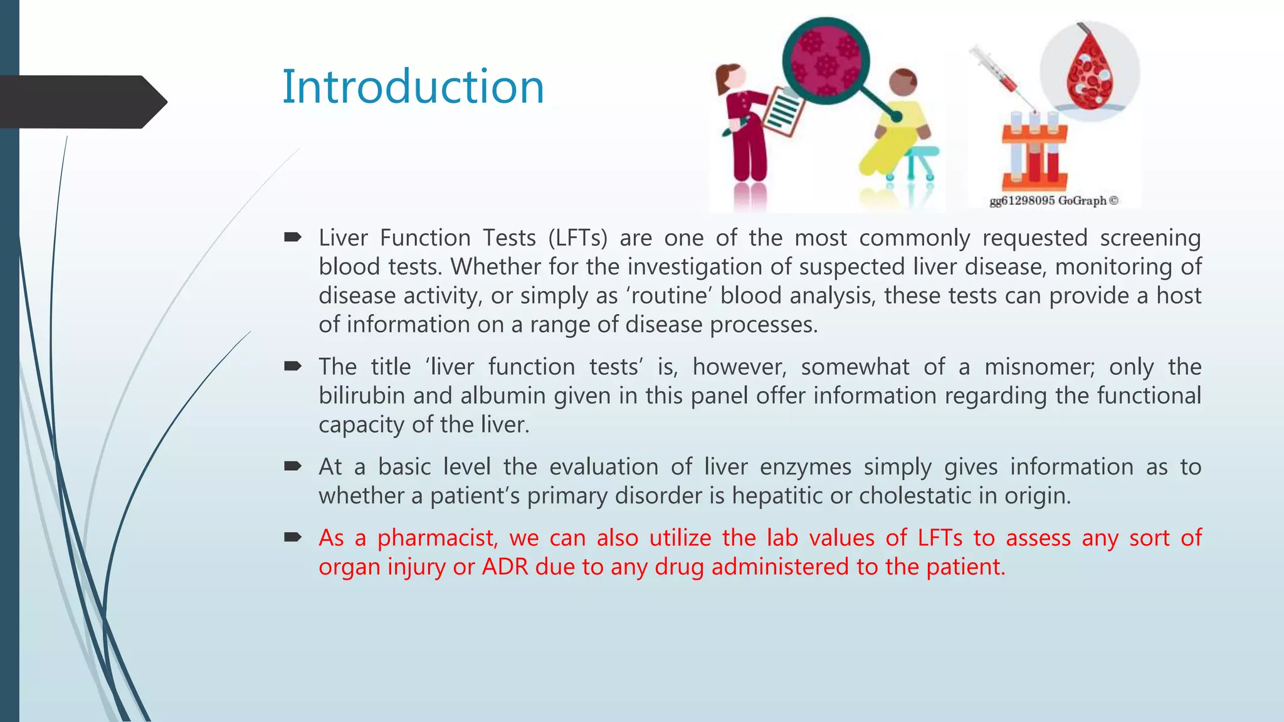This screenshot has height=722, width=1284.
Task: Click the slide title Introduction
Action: tap(413, 86)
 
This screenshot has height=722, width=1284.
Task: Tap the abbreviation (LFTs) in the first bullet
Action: tap(577, 238)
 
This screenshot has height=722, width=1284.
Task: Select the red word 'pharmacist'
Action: tap(437, 538)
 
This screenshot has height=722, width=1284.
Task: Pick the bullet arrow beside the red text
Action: tap(293, 537)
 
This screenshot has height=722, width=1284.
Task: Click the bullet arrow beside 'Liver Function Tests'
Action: tap(293, 237)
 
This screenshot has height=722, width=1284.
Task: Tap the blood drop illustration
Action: tap(1090, 72)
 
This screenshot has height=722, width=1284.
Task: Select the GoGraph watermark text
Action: tap(1053, 201)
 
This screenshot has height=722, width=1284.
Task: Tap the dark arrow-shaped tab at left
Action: tap(82, 102)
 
